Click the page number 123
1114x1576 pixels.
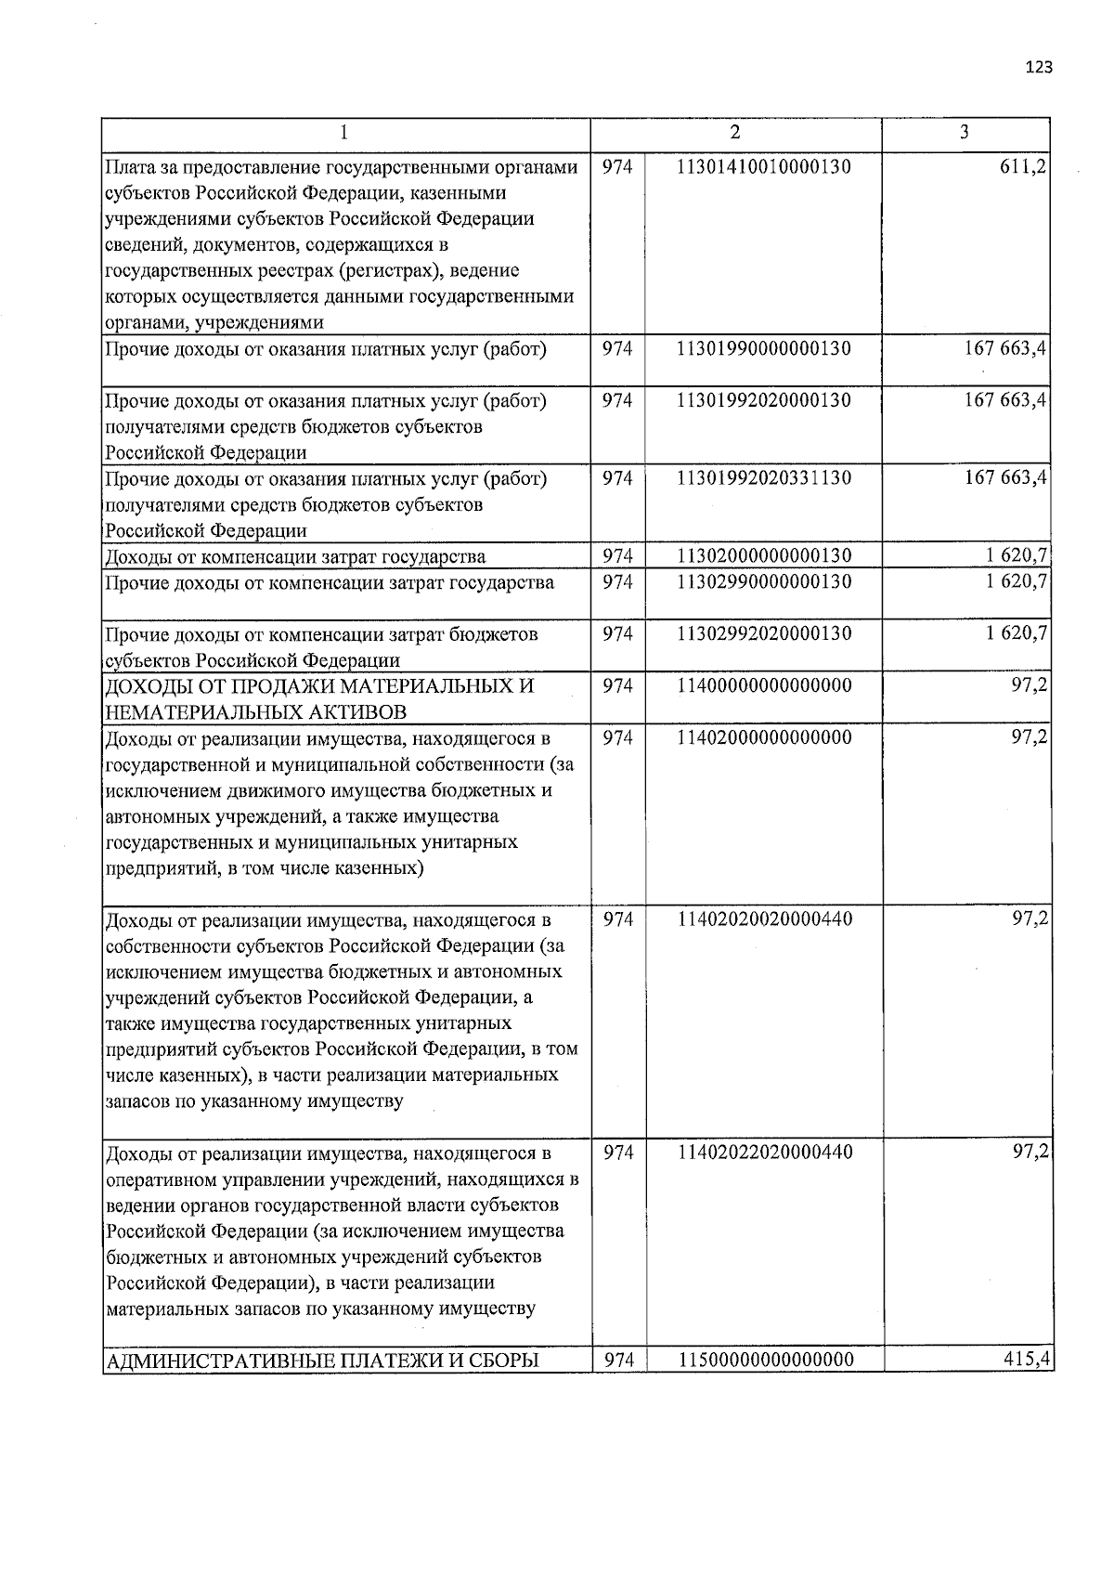click(x=1039, y=67)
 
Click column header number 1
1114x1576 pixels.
click(x=344, y=133)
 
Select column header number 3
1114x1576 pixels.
click(x=965, y=132)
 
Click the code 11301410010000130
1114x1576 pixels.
click(x=764, y=167)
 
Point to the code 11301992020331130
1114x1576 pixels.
click(x=764, y=478)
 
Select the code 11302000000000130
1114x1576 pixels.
click(x=764, y=555)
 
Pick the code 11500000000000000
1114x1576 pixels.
click(x=766, y=1360)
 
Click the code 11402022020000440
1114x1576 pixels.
click(x=766, y=1153)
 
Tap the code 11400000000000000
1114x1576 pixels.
click(x=764, y=685)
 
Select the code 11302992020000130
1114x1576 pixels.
click(x=764, y=633)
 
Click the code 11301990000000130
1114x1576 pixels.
click(x=764, y=349)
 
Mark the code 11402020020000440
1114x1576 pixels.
click(x=766, y=919)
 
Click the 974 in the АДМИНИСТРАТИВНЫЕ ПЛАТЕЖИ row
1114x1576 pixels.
click(x=619, y=1360)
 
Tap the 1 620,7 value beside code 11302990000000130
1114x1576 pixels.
click(x=1017, y=581)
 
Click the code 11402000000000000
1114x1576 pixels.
click(x=764, y=737)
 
